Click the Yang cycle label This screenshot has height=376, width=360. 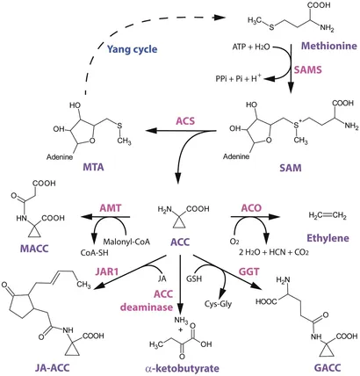(x=132, y=49)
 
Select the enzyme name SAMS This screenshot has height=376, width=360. (x=307, y=69)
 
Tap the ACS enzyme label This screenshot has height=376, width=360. (x=185, y=121)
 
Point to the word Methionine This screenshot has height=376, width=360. (x=329, y=46)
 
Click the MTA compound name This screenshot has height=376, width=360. (x=93, y=167)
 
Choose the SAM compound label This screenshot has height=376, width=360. (x=291, y=168)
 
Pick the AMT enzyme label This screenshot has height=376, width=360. (x=111, y=208)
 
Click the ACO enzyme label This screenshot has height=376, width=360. (x=251, y=208)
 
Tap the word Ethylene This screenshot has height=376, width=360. (x=328, y=238)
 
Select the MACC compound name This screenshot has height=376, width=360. (x=34, y=249)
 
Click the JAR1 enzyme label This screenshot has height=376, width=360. (x=107, y=271)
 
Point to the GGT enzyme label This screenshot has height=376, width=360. (x=249, y=271)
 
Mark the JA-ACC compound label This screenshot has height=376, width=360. (x=52, y=368)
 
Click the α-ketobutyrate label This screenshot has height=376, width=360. (x=182, y=368)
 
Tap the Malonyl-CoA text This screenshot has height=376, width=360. (x=126, y=242)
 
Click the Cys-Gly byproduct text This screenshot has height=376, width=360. (x=219, y=304)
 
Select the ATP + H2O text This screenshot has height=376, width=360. (x=251, y=47)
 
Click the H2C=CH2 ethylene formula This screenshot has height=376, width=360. (x=328, y=216)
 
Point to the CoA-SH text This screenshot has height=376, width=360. (x=94, y=252)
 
